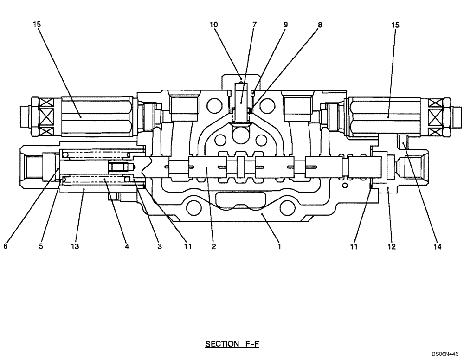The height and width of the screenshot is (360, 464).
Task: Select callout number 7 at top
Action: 254,25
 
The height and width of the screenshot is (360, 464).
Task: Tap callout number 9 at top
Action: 285,25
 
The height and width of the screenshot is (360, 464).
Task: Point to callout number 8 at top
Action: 319,25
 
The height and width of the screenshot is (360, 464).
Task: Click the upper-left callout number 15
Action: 37,25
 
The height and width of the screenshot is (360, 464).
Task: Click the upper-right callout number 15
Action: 395,25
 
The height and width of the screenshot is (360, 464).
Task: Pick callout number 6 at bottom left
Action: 6,247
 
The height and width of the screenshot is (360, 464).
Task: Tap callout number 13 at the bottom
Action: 75,247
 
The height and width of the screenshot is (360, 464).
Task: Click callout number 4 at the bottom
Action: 126,247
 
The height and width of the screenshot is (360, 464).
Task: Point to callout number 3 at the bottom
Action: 159,247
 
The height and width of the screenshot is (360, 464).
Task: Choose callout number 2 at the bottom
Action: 213,247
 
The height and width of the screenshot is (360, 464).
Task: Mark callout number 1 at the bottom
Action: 279,247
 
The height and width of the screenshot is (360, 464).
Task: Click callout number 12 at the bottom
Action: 392,247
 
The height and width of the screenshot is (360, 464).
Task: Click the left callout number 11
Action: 187,247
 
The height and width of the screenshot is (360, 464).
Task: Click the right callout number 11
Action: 354,247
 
